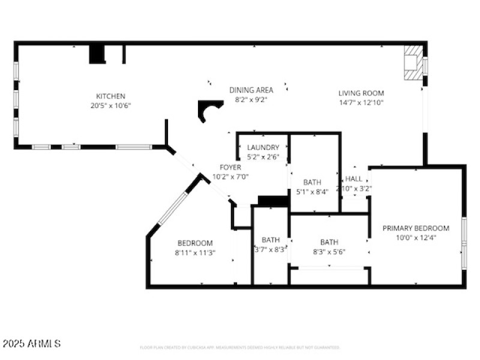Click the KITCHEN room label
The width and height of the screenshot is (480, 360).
(x=111, y=96)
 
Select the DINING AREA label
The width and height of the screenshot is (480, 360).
(x=251, y=90)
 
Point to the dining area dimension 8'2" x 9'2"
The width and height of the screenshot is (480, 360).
(x=251, y=100)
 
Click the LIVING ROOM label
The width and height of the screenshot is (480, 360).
(x=361, y=93)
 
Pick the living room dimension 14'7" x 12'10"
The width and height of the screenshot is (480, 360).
(x=361, y=103)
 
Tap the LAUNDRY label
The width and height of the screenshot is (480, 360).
(x=263, y=148)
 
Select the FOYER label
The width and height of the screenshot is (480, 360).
(x=230, y=167)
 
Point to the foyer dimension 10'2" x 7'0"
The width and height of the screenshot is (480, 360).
(x=230, y=177)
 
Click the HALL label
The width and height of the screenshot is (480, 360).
(x=354, y=179)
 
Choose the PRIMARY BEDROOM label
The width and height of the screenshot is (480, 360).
(x=416, y=228)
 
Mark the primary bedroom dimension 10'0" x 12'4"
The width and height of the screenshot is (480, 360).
(x=416, y=238)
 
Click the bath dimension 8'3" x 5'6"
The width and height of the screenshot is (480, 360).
(x=329, y=252)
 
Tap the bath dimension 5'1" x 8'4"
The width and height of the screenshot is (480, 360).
(x=312, y=192)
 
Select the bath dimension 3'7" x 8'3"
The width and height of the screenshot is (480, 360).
(x=271, y=250)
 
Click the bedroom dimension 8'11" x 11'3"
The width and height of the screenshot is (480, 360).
(x=195, y=253)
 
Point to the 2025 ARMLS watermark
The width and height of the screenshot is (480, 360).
(x=31, y=344)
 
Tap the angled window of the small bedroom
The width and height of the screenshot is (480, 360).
(x=174, y=207)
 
